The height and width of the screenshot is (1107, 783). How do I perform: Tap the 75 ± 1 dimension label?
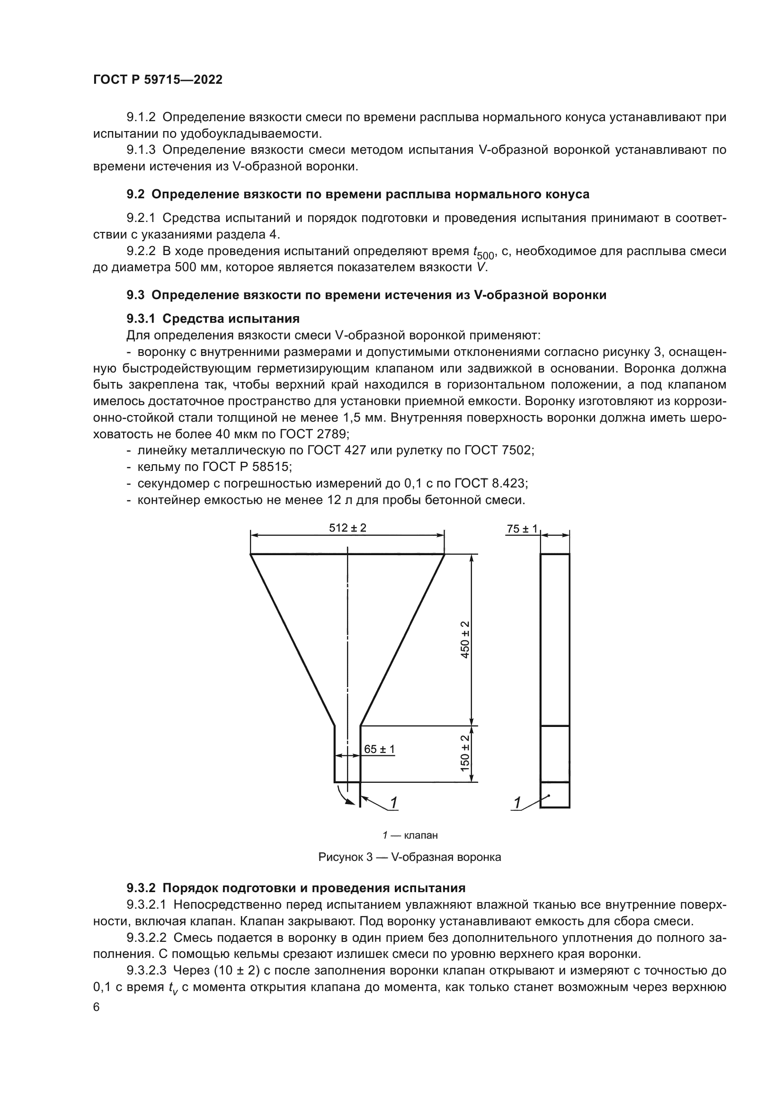(x=522, y=529)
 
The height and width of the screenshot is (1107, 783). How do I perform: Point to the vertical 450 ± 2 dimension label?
(x=465, y=640)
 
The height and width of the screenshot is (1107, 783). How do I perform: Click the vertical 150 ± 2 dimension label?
(x=465, y=753)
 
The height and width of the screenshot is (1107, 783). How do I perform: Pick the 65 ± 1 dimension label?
(x=379, y=749)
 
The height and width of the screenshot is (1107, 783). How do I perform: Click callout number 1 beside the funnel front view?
(x=393, y=802)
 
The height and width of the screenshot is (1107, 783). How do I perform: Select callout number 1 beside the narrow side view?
(x=517, y=803)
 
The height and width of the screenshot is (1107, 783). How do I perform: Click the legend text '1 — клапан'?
(x=410, y=835)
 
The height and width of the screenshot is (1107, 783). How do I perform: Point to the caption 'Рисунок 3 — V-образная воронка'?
(x=410, y=857)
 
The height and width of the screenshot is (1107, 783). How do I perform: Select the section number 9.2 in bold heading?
(x=135, y=195)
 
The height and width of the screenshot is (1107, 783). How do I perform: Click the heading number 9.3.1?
(x=141, y=319)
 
